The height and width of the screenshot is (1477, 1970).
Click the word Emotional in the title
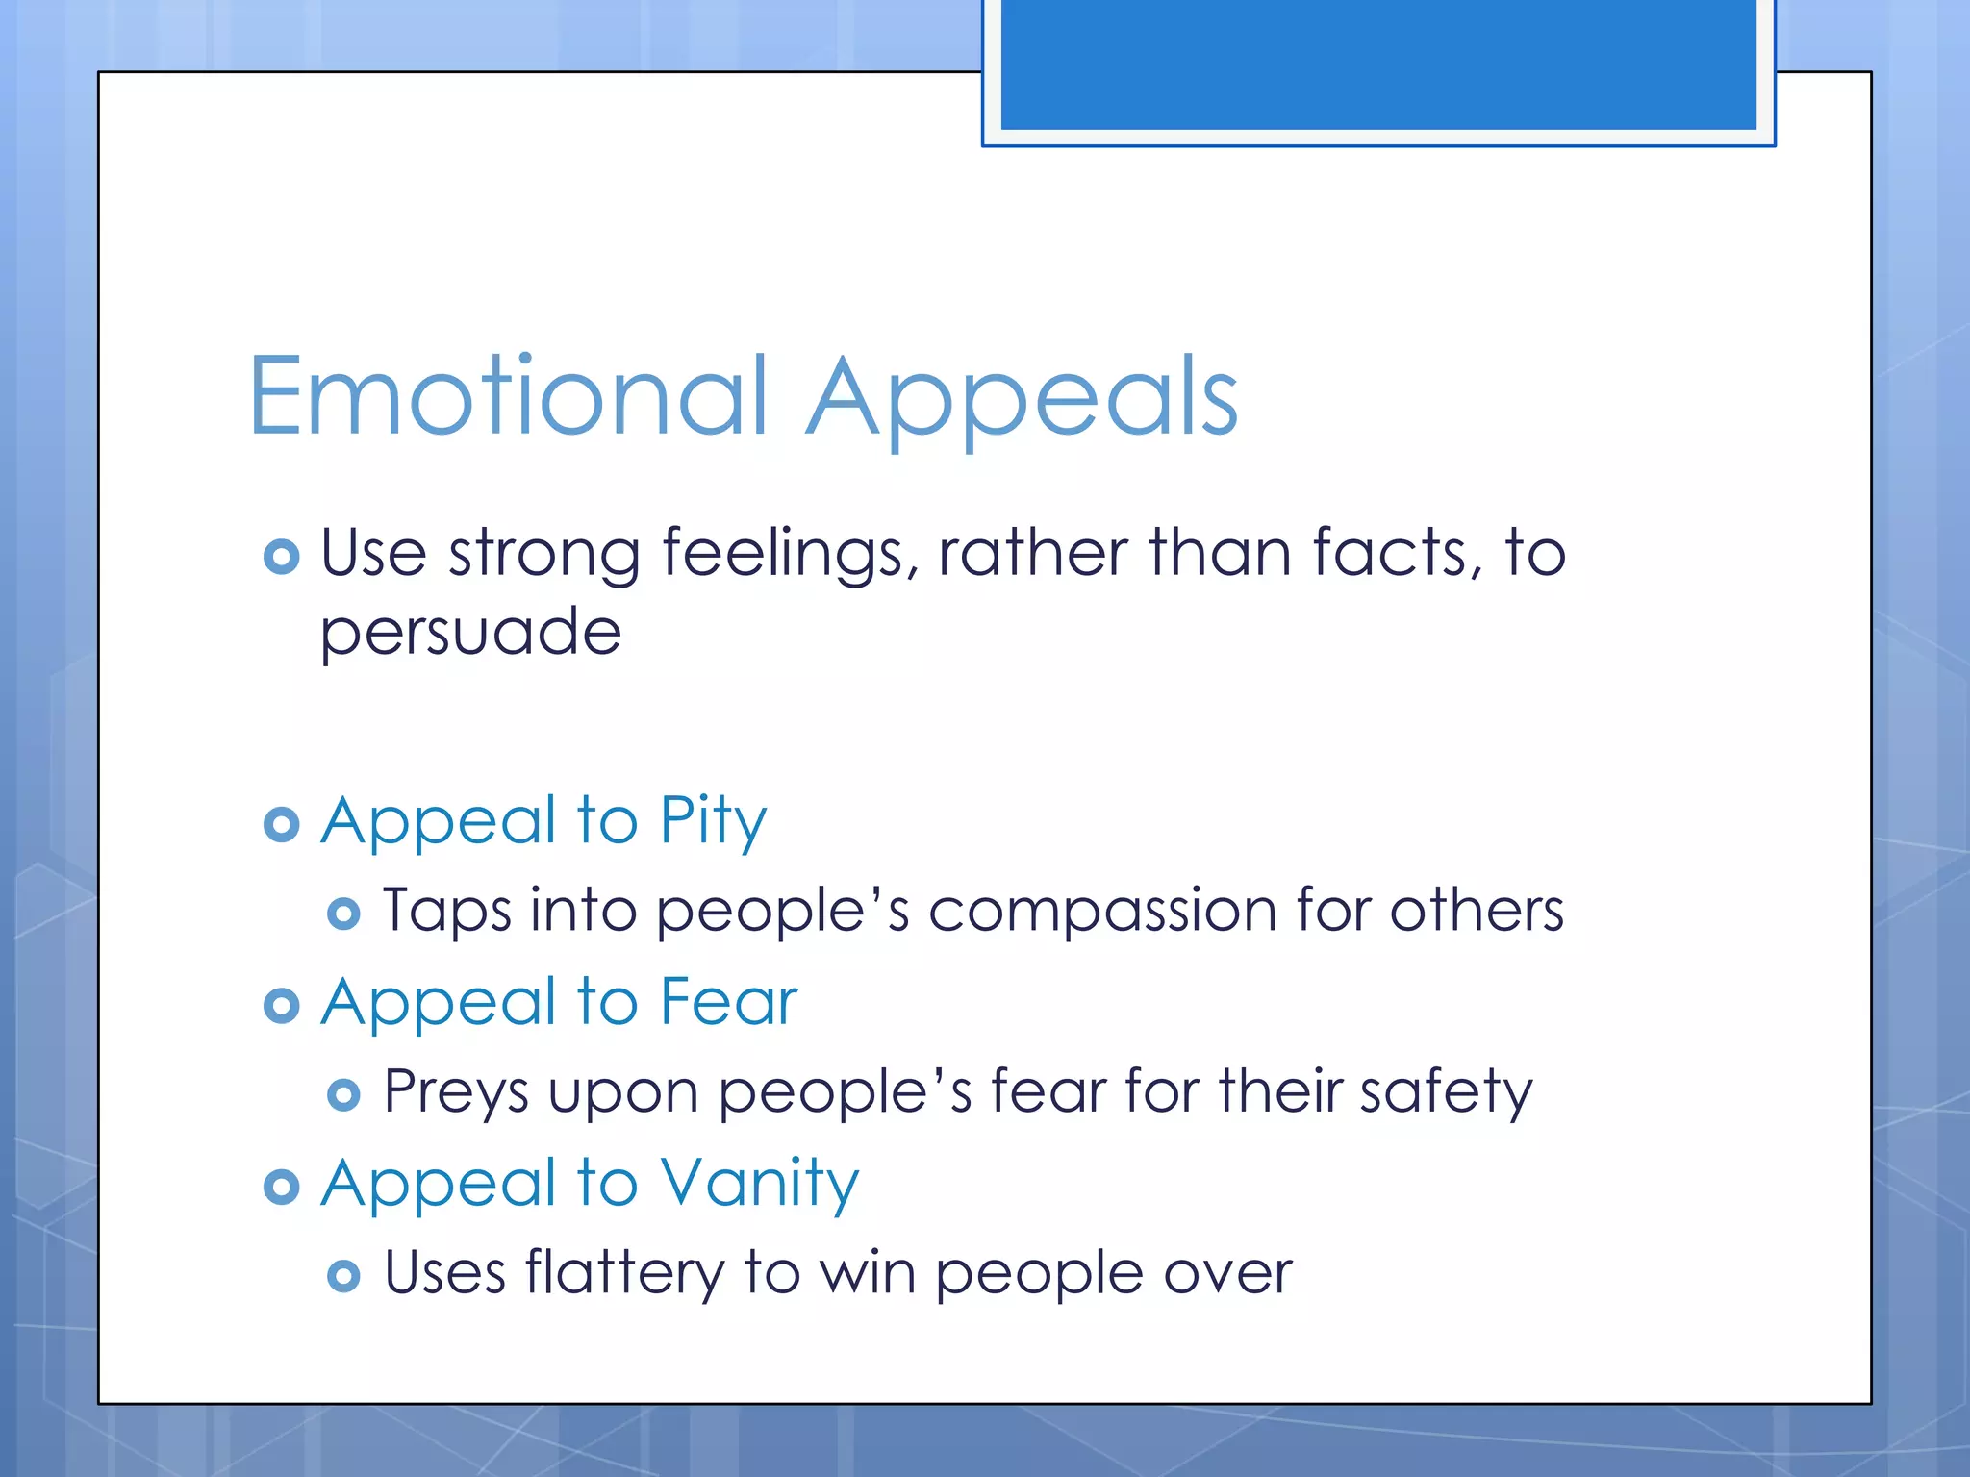click(510, 396)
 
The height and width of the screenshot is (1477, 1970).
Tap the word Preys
click(456, 1093)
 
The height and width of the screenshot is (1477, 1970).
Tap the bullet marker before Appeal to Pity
click(281, 825)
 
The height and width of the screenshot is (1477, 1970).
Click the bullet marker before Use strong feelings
click(281, 557)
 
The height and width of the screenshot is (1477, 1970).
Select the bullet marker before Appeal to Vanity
click(281, 1188)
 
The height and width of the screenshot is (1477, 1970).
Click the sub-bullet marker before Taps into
click(343, 914)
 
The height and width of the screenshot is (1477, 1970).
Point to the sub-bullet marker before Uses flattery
click(343, 1277)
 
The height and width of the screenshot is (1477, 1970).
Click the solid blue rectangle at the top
click(1377, 63)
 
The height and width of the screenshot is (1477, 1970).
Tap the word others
click(1477, 911)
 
